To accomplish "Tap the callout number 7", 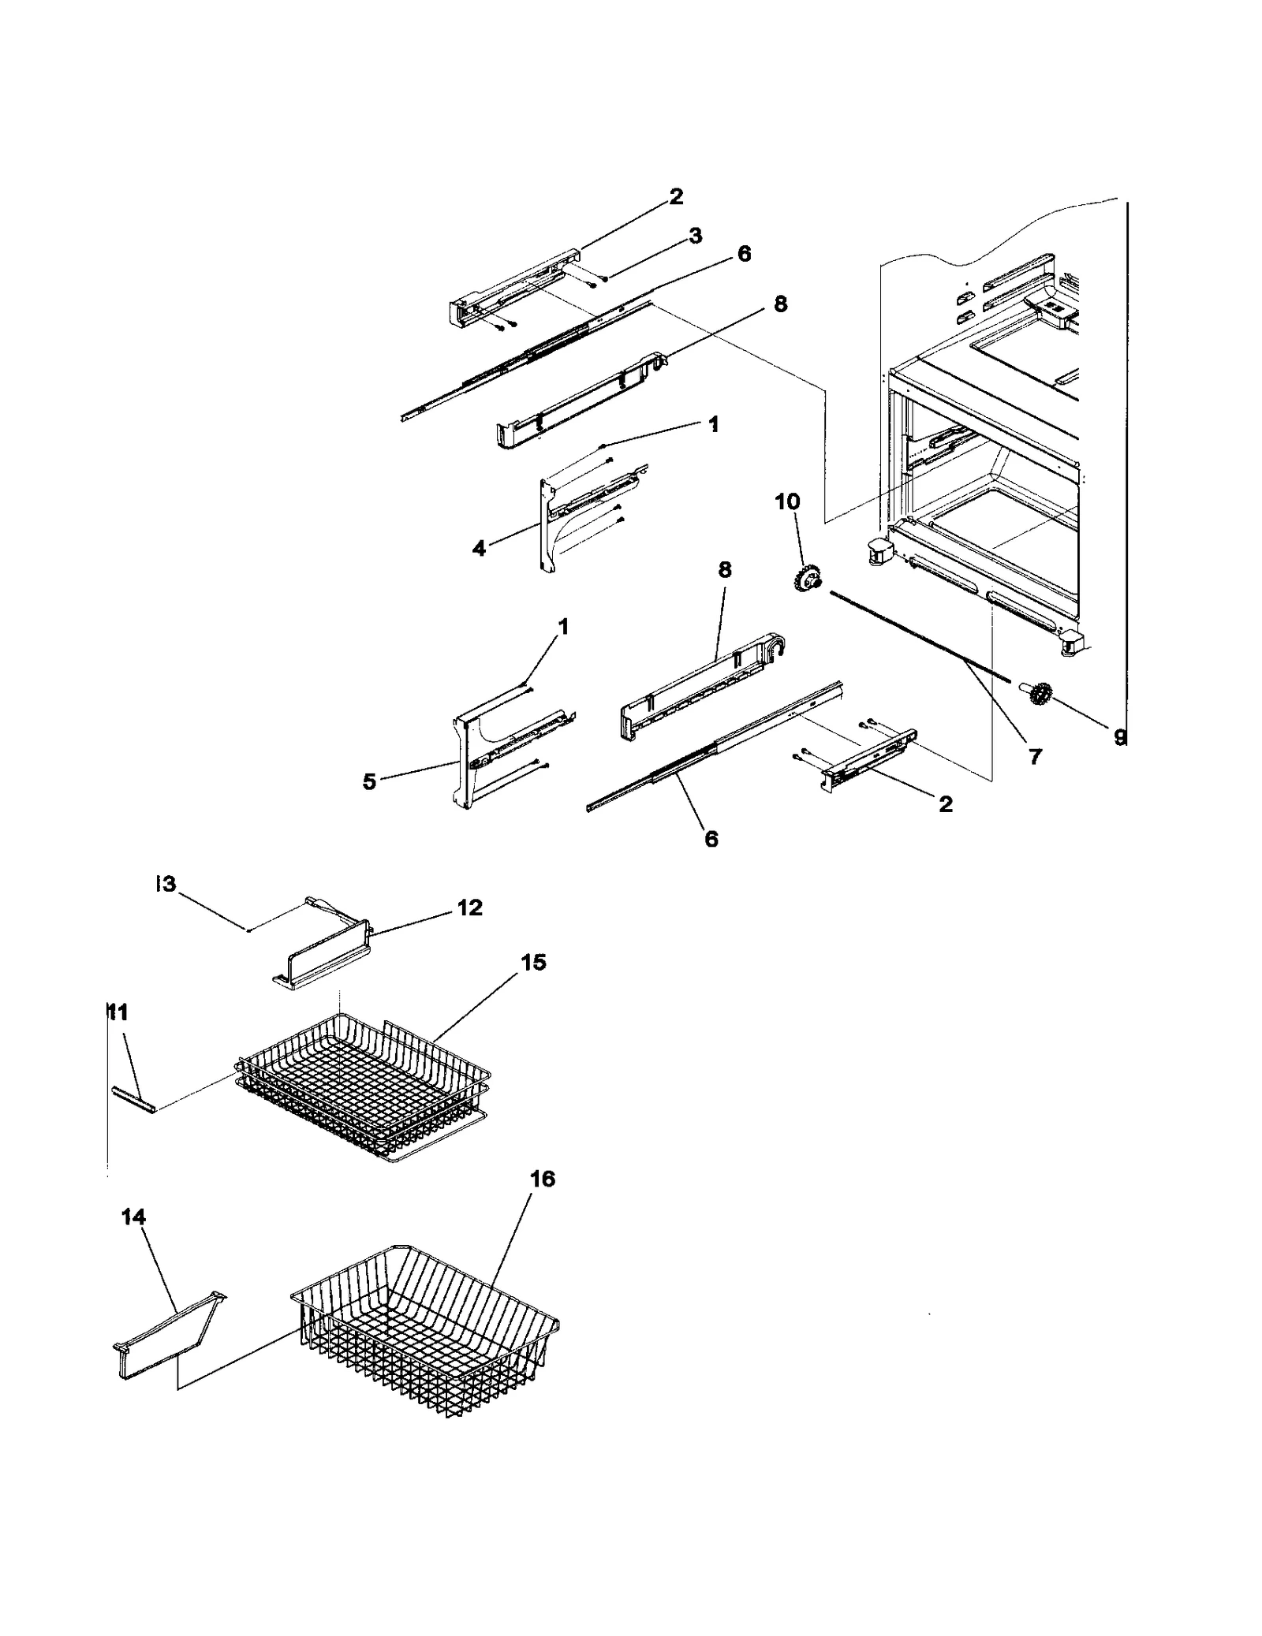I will [1034, 758].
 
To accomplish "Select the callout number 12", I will [469, 907].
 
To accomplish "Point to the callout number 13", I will [165, 885].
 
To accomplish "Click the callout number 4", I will [479, 548].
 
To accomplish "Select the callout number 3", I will [695, 236].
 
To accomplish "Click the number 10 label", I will [787, 501].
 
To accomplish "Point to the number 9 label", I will [1119, 738].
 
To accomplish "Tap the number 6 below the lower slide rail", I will [711, 840].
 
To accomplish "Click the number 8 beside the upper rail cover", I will [780, 304].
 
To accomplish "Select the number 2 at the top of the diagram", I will [676, 196].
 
